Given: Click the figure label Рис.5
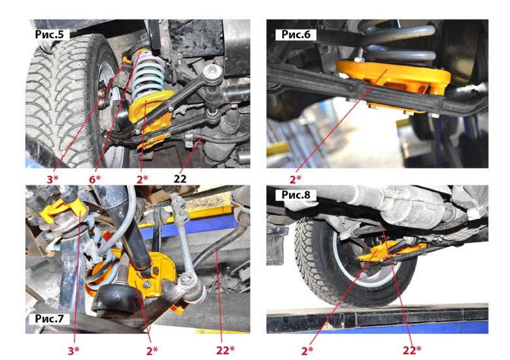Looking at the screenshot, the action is (50, 35).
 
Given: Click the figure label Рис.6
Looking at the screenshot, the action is (296, 35).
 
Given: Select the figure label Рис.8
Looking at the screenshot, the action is (296, 195).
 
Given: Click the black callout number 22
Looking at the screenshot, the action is (180, 179).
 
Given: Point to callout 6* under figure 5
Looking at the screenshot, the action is (95, 179).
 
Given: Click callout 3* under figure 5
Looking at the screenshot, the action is (52, 179).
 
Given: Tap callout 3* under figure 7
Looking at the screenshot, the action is (73, 350).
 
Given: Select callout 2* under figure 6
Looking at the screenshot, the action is (296, 179).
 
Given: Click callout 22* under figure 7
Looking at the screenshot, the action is (225, 350).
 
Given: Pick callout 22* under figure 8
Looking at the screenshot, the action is (412, 350).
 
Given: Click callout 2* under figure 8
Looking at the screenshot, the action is (307, 350).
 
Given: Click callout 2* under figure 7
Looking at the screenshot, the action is (152, 350).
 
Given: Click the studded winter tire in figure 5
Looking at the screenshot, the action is (65, 97).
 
